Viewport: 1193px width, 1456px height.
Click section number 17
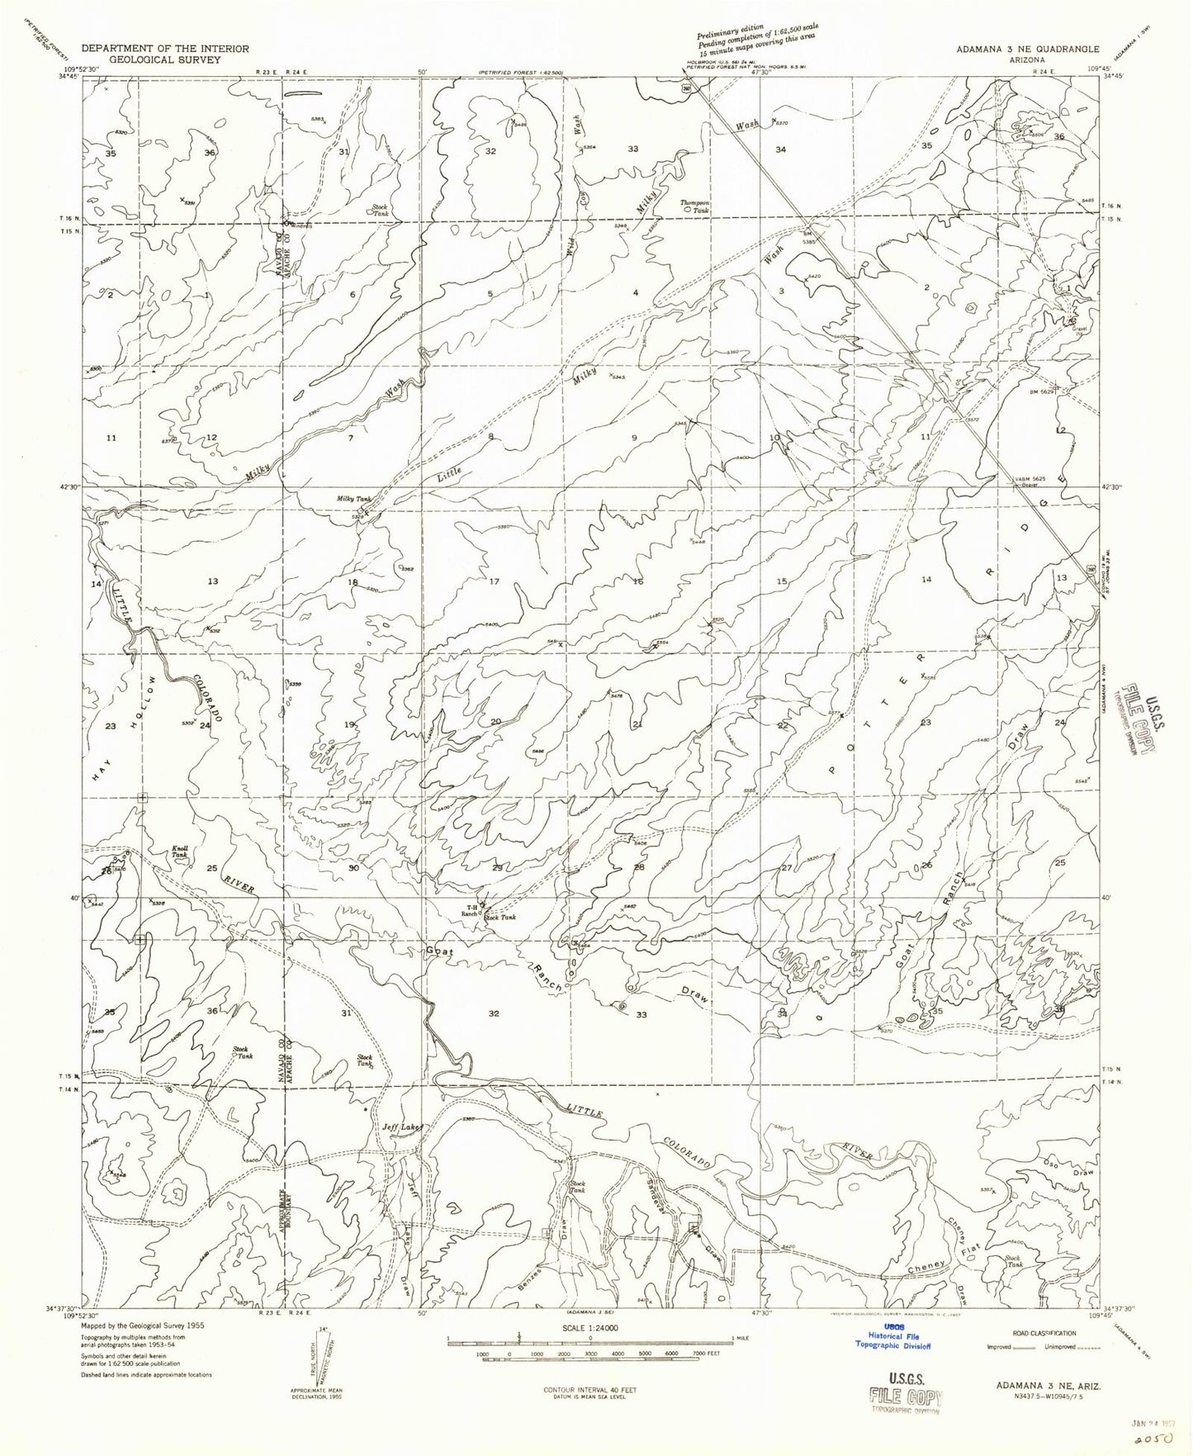pos(494,581)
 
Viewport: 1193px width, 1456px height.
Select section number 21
pos(637,724)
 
